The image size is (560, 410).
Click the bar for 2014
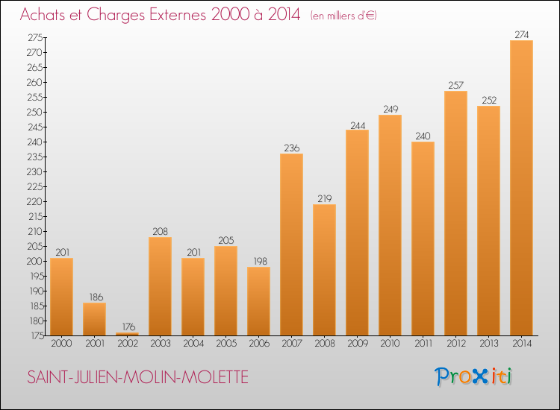(521, 188)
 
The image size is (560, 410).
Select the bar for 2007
(291, 245)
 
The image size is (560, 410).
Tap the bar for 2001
(94, 319)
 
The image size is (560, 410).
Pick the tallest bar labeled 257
(455, 213)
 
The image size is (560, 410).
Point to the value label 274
(521, 34)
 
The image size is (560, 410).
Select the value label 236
(291, 148)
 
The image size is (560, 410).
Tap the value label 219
(324, 198)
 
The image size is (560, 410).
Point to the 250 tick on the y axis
(34, 112)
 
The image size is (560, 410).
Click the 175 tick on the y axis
(34, 335)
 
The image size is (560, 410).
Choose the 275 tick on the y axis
(34, 37)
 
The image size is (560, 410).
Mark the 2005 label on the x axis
(225, 344)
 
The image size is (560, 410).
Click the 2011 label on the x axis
(423, 344)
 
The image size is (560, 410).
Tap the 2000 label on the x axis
(61, 344)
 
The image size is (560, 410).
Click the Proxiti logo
(474, 376)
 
